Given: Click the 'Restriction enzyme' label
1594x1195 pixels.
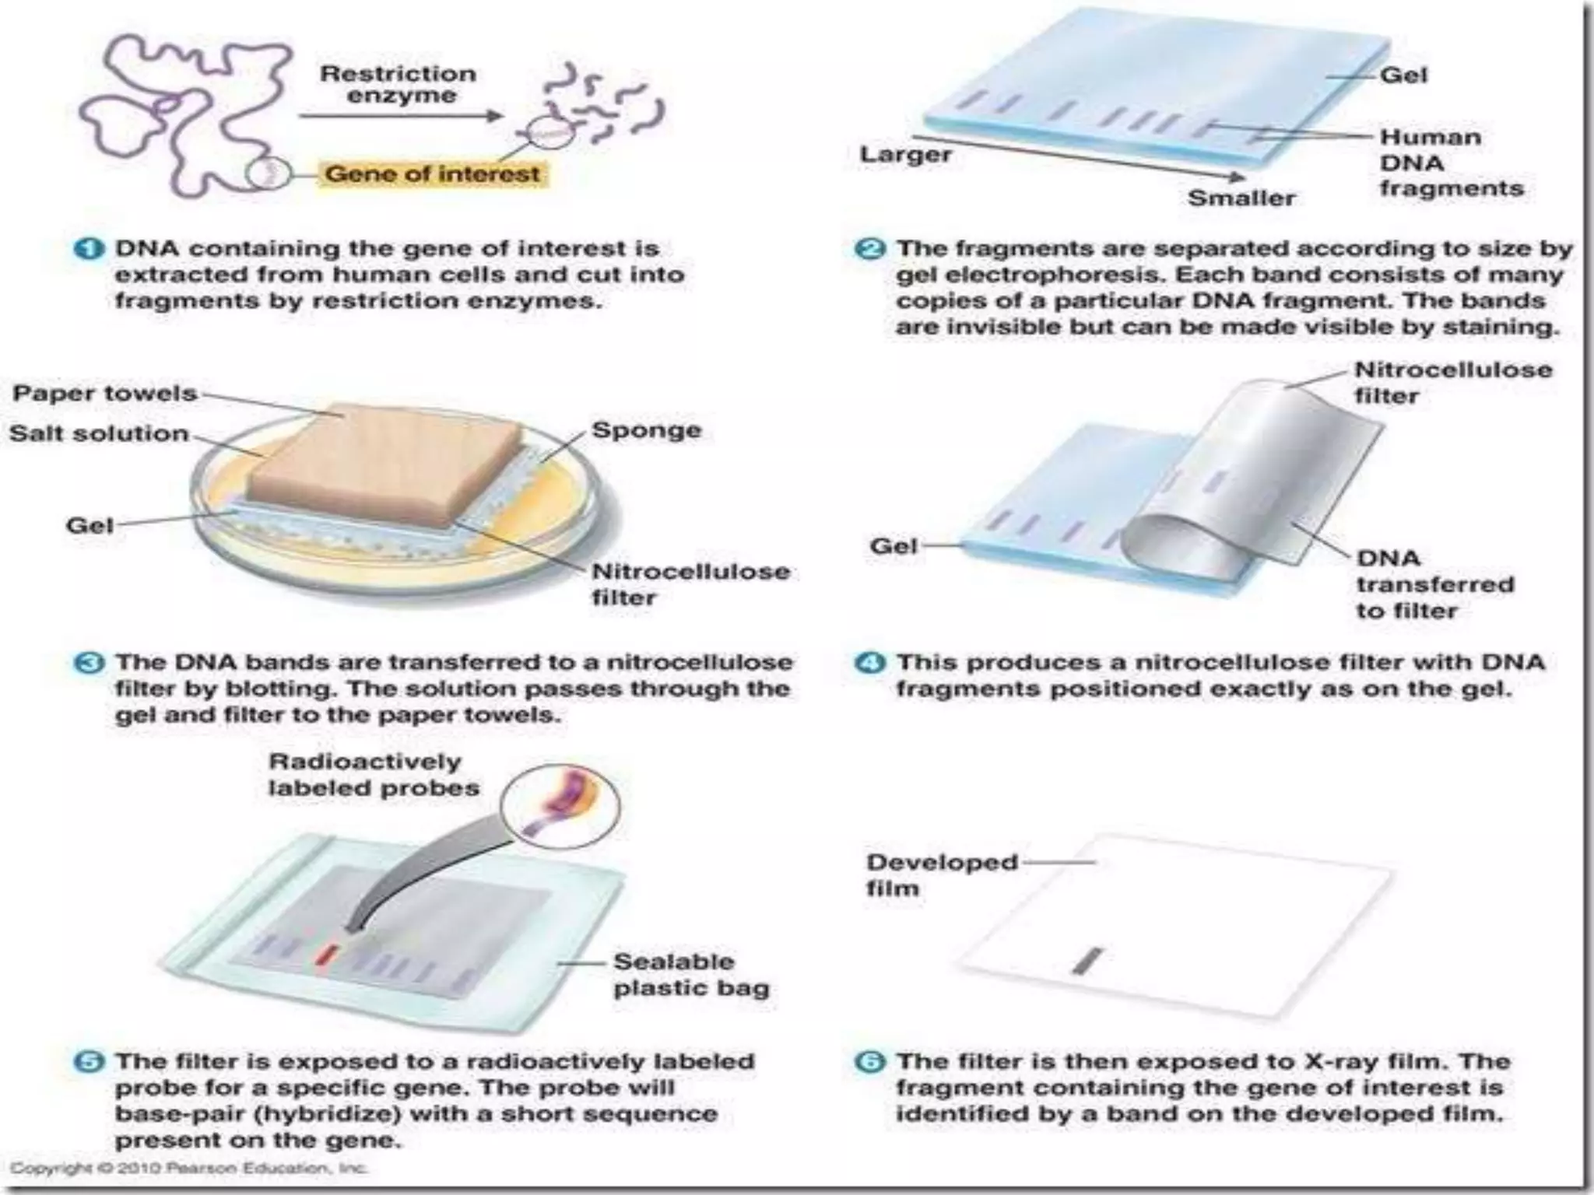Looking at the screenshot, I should click(398, 84).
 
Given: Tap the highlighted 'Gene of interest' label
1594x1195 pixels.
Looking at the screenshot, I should click(432, 173).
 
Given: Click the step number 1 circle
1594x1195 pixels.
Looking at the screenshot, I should click(89, 249).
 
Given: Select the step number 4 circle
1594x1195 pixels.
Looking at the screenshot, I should click(869, 663).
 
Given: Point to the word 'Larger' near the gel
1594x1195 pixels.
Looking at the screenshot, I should click(905, 154).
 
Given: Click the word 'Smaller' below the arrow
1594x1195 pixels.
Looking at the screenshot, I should click(1241, 198).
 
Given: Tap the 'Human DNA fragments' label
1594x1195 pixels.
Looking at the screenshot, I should click(1450, 163).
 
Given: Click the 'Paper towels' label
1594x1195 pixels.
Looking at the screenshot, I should click(104, 393).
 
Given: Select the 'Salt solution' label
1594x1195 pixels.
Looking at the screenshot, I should click(99, 433).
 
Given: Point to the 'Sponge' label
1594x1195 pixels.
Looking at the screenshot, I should click(646, 429).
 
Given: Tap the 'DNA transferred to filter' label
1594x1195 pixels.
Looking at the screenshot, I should click(1434, 584).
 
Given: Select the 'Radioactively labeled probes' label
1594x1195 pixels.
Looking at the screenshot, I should click(373, 775).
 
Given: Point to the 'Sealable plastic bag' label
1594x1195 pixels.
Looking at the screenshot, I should click(690, 974).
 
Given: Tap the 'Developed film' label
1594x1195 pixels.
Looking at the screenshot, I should click(941, 874).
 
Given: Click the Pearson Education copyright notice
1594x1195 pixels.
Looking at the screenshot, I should click(188, 1168).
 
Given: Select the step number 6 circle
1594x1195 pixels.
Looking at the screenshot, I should click(869, 1061).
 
